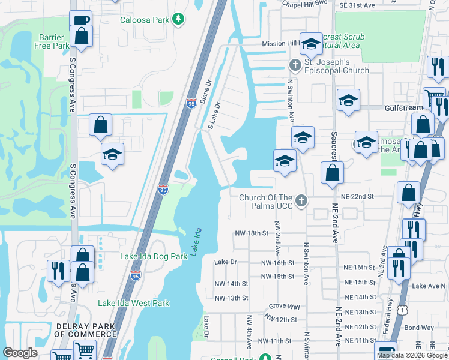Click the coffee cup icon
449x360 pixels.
click(x=81, y=20)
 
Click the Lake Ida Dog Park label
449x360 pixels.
click(x=154, y=256)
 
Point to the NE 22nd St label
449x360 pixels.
click(x=357, y=196)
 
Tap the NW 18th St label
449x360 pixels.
click(x=250, y=233)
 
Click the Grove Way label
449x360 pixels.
click(x=281, y=306)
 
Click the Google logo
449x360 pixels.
click(x=20, y=353)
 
